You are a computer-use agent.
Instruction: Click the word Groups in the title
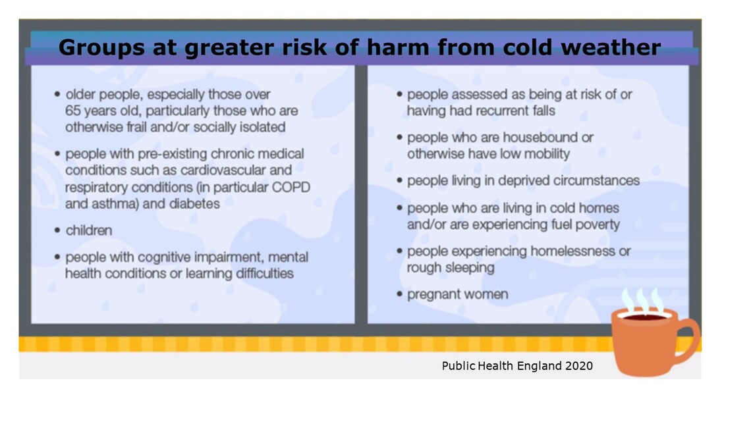[97, 47]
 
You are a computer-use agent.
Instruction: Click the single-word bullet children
[89, 230]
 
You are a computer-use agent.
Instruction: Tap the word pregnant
[432, 294]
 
